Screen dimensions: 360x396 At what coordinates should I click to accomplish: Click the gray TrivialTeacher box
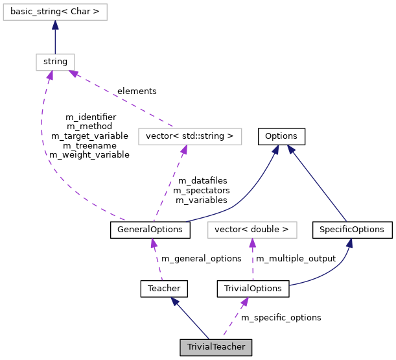[x=216, y=347]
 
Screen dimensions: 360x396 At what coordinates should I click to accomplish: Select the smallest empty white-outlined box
[x=55, y=62]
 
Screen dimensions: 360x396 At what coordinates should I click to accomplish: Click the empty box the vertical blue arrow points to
[x=55, y=12]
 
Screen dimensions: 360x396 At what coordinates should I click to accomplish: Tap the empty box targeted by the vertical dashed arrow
[x=252, y=230]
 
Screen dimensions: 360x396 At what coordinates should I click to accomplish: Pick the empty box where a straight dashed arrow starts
[x=190, y=136]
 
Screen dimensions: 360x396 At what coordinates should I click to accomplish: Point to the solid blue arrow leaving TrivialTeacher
[x=191, y=319]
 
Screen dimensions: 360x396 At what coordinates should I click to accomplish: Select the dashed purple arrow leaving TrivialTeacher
[x=233, y=319]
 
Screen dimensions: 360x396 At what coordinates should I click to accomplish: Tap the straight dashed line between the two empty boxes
[x=123, y=101]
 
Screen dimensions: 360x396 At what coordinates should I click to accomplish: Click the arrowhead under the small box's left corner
[x=49, y=76]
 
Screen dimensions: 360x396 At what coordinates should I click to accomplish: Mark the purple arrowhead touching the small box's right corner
[x=74, y=74]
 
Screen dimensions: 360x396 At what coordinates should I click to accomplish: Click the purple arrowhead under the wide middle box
[x=184, y=150]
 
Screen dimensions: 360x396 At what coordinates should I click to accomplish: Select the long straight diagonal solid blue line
[x=318, y=185]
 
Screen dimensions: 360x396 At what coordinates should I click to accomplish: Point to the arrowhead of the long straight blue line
[x=291, y=149]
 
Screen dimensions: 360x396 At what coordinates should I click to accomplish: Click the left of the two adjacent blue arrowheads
[x=275, y=150]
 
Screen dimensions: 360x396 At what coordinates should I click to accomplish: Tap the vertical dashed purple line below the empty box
[x=252, y=263]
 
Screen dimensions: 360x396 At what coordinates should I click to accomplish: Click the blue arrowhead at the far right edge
[x=349, y=243]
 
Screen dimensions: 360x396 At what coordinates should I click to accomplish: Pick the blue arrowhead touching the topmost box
[x=55, y=25]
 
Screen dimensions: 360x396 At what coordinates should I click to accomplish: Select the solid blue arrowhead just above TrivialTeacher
[x=174, y=301]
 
